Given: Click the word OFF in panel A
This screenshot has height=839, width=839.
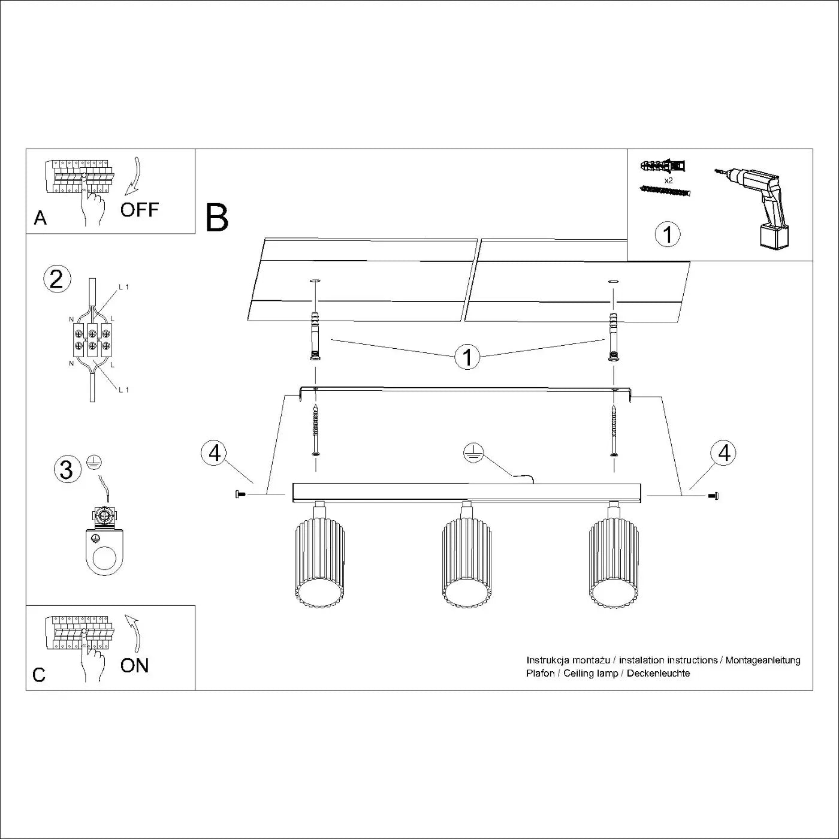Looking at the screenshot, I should pyautogui.click(x=139, y=210).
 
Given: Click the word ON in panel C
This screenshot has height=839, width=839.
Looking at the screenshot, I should pyautogui.click(x=134, y=665).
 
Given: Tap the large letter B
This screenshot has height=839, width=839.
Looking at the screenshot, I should pyautogui.click(x=216, y=218).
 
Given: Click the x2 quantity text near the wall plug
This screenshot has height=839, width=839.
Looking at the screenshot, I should pyautogui.click(x=668, y=180).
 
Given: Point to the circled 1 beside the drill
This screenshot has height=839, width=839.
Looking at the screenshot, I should pyautogui.click(x=668, y=234).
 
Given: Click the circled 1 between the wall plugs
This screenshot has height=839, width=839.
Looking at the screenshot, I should pyautogui.click(x=467, y=357).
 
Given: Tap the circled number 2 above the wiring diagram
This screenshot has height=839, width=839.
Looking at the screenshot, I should pyautogui.click(x=57, y=279).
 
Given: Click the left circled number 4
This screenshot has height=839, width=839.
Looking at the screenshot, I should pyautogui.click(x=215, y=452).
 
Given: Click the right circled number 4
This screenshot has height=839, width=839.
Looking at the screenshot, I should pyautogui.click(x=724, y=452).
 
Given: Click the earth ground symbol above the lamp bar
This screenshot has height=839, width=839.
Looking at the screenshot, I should pyautogui.click(x=473, y=454).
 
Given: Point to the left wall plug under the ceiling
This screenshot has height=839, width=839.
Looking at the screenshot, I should pyautogui.click(x=314, y=336).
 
